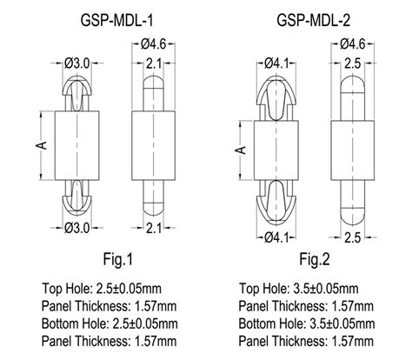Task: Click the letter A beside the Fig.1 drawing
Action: click(40, 146)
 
